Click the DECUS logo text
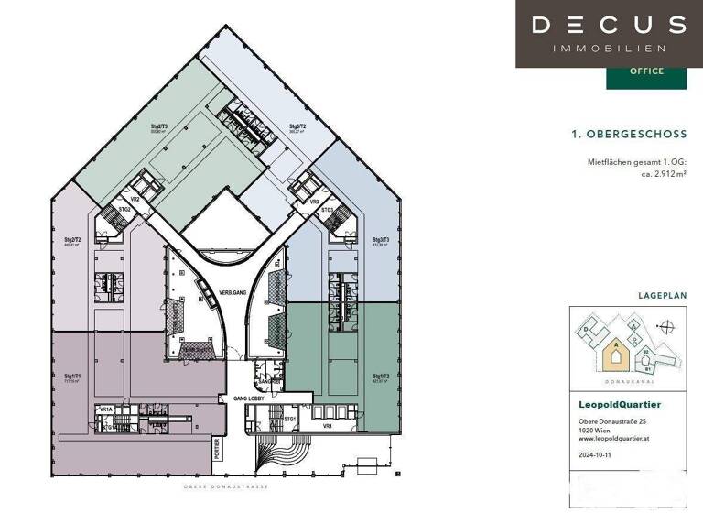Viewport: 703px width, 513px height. (x=609, y=25)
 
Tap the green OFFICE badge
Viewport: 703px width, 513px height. (x=646, y=71)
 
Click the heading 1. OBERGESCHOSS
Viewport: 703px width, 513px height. (x=628, y=134)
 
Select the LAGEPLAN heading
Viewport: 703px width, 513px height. (x=662, y=296)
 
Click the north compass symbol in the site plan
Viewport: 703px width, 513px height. (x=667, y=324)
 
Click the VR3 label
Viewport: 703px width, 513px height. (x=314, y=201)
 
